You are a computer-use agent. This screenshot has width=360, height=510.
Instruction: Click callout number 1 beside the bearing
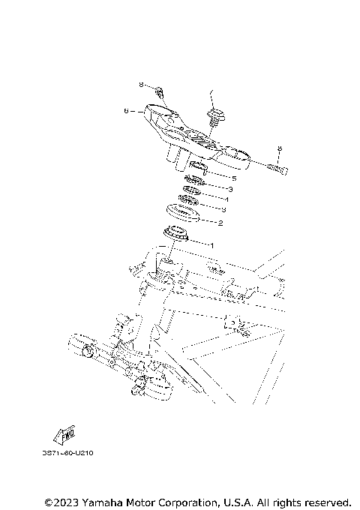coord(212,244)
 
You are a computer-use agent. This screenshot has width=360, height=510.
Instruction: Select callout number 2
coord(220,223)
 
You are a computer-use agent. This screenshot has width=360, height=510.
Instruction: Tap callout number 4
coord(226,200)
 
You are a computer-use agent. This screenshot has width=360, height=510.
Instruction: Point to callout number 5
coord(233,178)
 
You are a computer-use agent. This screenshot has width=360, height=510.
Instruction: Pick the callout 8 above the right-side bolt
coord(279,149)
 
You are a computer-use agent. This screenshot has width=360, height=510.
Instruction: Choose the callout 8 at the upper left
coord(140,85)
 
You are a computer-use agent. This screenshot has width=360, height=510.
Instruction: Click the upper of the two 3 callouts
coord(230,190)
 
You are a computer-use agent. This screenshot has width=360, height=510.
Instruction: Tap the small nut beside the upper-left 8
coord(160,92)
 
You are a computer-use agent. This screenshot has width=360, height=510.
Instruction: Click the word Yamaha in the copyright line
coord(108,501)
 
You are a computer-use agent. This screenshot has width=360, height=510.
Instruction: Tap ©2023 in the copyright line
coord(61,501)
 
